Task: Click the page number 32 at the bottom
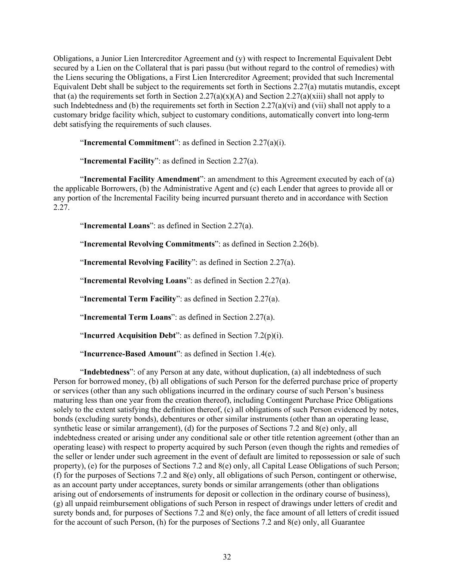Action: [227, 557]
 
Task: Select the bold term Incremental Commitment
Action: [129, 143]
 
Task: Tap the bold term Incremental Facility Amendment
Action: [142, 179]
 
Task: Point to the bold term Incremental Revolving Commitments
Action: [149, 244]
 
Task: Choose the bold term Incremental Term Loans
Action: [127, 317]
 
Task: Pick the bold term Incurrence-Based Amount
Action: [130, 354]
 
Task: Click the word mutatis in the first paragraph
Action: [335, 87]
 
